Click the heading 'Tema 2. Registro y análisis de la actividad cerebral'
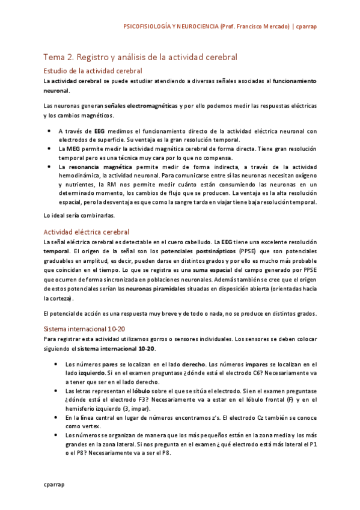click(x=140, y=57)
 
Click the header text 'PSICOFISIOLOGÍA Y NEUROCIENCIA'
click(x=170, y=27)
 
